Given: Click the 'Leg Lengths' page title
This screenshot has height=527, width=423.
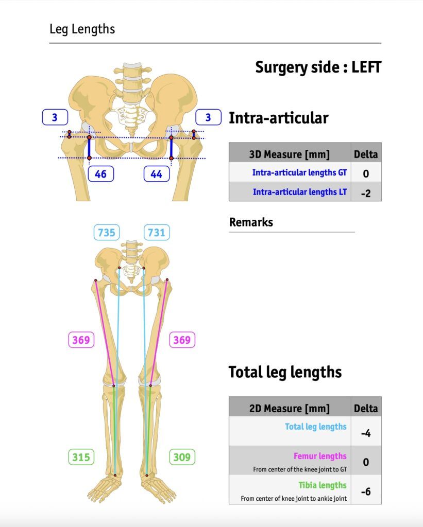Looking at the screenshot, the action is tap(82, 29).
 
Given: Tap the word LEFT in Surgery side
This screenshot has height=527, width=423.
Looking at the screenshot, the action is tap(366, 67).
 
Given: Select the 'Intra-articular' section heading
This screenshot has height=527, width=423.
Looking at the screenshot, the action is tap(279, 118).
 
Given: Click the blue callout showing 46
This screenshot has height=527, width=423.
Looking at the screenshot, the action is tap(100, 174).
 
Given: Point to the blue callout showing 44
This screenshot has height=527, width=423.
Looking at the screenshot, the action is tap(157, 174).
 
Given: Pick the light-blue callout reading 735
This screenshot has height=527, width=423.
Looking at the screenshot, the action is tap(107, 232).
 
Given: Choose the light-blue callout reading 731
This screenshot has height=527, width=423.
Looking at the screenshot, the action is tap(157, 232).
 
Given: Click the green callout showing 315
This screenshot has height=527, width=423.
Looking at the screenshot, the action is tap(81, 457).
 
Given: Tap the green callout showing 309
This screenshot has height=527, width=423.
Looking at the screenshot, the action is tap(182, 457).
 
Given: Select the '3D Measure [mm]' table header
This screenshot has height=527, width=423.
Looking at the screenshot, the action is tap(290, 154).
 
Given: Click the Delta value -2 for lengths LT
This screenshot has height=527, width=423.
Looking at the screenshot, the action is tap(366, 194).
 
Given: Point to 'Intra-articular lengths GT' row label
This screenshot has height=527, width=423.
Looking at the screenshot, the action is tap(299, 172).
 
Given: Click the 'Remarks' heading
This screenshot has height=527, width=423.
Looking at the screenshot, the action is tap(251, 222).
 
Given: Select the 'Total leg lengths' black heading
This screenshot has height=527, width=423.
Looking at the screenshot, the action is tap(285, 372).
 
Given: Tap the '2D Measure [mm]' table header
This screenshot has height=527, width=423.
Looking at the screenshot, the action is tap(290, 408).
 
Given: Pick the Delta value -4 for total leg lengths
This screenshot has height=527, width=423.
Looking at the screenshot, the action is tap(366, 433).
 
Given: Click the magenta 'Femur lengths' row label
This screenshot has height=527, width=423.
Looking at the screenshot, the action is tap(320, 456).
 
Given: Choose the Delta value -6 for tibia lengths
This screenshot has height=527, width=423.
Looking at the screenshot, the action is tap(366, 491).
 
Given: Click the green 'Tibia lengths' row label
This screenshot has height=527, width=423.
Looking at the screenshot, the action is tap(323, 485).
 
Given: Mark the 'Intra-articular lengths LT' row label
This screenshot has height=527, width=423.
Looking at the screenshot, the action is tap(300, 192).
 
